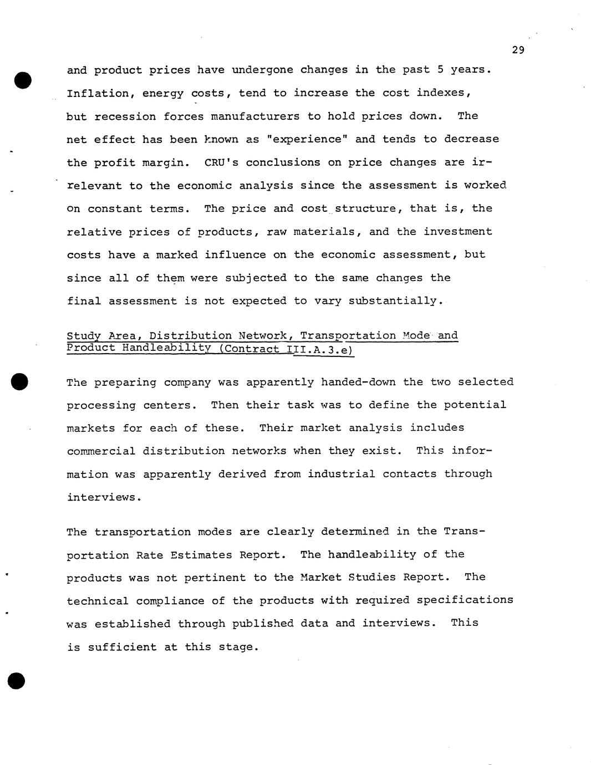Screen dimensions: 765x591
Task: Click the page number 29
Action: tap(518, 50)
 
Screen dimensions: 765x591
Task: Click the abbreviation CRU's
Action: tap(221, 162)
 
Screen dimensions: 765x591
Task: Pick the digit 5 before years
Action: tap(440, 70)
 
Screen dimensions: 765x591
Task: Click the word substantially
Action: tap(396, 301)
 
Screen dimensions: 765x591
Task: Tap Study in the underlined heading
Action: tap(84, 336)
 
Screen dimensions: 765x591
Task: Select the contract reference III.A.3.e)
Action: tap(320, 349)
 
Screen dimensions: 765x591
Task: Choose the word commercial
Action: tap(101, 451)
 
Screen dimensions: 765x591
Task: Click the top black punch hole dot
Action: tap(23, 80)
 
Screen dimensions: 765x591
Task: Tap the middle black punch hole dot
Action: tap(21, 366)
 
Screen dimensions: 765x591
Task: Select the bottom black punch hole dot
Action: tap(17, 681)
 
